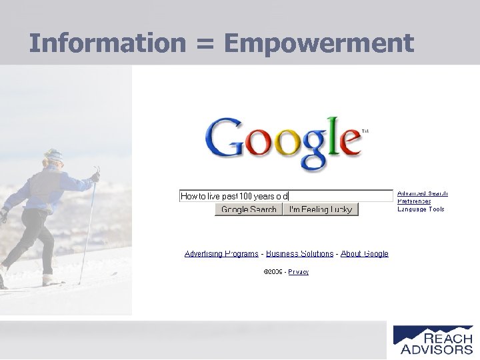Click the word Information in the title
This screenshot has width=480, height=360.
pos(106,43)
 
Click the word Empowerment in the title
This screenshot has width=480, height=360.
pos(319,43)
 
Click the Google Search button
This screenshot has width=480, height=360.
pos(249,209)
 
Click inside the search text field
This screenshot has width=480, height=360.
pos(340,196)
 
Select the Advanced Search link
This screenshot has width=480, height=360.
pos(423,193)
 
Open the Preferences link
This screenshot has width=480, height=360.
pos(414,201)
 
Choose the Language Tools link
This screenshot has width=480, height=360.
pos(421,209)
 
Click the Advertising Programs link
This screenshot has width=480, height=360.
pos(221,254)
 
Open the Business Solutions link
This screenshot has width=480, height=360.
pos(299,254)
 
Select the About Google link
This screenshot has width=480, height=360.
pos(365,254)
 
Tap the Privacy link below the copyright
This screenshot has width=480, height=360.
pos(299,272)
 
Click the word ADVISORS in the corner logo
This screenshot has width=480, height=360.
pos(437,349)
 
